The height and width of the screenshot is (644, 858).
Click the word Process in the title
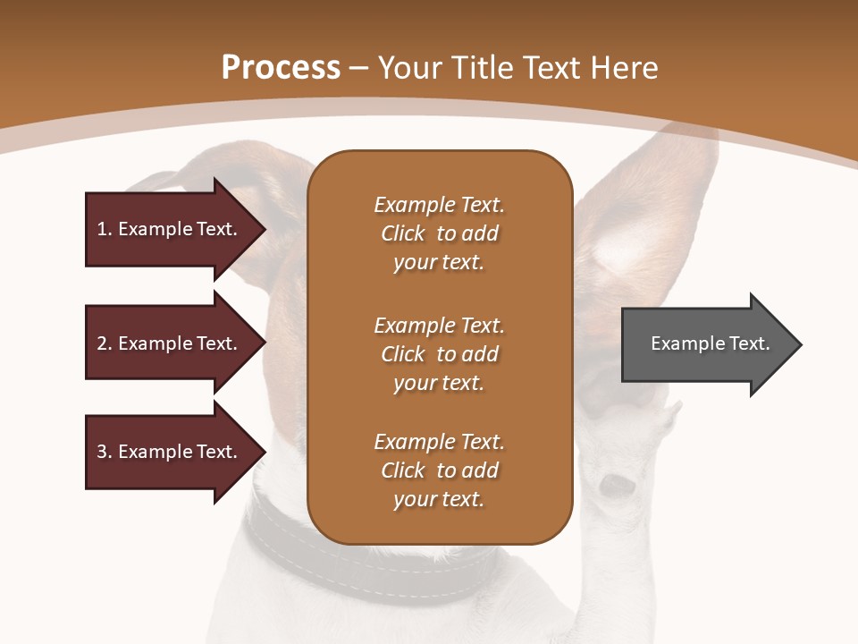[281, 67]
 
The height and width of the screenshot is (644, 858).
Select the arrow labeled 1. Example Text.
[170, 229]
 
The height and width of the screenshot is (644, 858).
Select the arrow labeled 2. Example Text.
[170, 343]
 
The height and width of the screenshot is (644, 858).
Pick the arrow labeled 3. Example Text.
[170, 452]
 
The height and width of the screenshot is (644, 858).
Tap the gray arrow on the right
[706, 343]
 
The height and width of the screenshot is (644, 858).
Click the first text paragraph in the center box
[439, 233]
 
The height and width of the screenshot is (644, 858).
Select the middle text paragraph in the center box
[439, 353]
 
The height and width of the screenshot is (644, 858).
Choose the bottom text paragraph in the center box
[439, 470]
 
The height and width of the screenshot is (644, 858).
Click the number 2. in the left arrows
[105, 343]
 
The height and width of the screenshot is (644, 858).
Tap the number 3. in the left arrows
[105, 452]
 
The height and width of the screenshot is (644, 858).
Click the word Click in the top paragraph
[403, 233]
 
